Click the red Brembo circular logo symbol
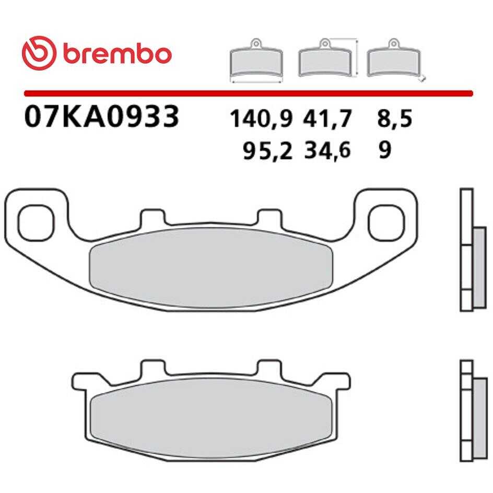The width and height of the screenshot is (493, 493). coord(39,53)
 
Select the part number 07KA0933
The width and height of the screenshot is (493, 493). coord(101,116)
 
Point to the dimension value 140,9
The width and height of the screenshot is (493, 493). coord(261,119)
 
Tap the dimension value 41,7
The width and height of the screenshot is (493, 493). coord(327,119)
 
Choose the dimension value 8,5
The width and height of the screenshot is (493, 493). coord(394,119)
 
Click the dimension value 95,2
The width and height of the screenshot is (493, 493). coord(267,150)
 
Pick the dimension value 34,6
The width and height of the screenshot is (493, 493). coord(327,150)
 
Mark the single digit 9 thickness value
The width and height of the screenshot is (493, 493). coord(385,150)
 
